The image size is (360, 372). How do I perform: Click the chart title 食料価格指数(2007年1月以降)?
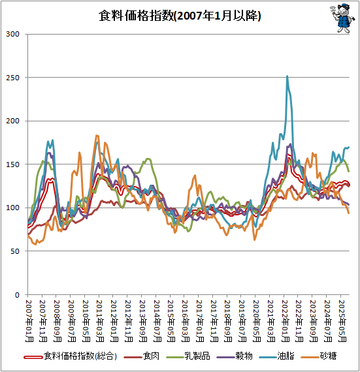[x=180, y=16]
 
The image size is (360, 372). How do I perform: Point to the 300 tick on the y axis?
[x=14, y=34]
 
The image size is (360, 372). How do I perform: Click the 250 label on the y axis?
[x=14, y=78]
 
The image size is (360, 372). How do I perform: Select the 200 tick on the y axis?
[x=14, y=121]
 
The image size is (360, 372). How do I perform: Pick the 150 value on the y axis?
[x=14, y=164]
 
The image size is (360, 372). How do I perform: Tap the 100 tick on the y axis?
[x=14, y=208]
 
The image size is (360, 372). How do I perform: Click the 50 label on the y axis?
[x=16, y=251]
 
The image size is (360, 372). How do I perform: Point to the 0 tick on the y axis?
[x=19, y=295]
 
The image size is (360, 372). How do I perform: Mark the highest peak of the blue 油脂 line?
[x=287, y=76]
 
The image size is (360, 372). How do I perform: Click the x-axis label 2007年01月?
[x=29, y=320]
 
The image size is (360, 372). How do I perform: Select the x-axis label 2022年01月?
[x=285, y=320]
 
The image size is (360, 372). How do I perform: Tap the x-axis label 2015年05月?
[x=171, y=320]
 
